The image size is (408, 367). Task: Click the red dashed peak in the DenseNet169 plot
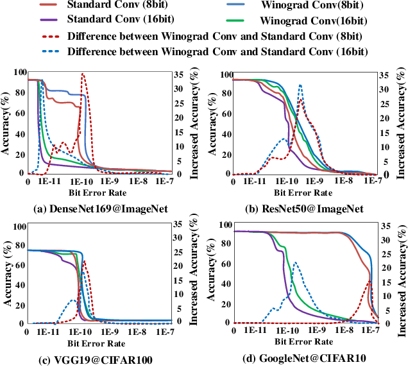[x=83, y=74]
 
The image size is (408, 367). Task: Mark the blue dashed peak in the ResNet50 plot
[x=300, y=85]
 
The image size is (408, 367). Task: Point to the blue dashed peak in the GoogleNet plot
[x=295, y=262]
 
